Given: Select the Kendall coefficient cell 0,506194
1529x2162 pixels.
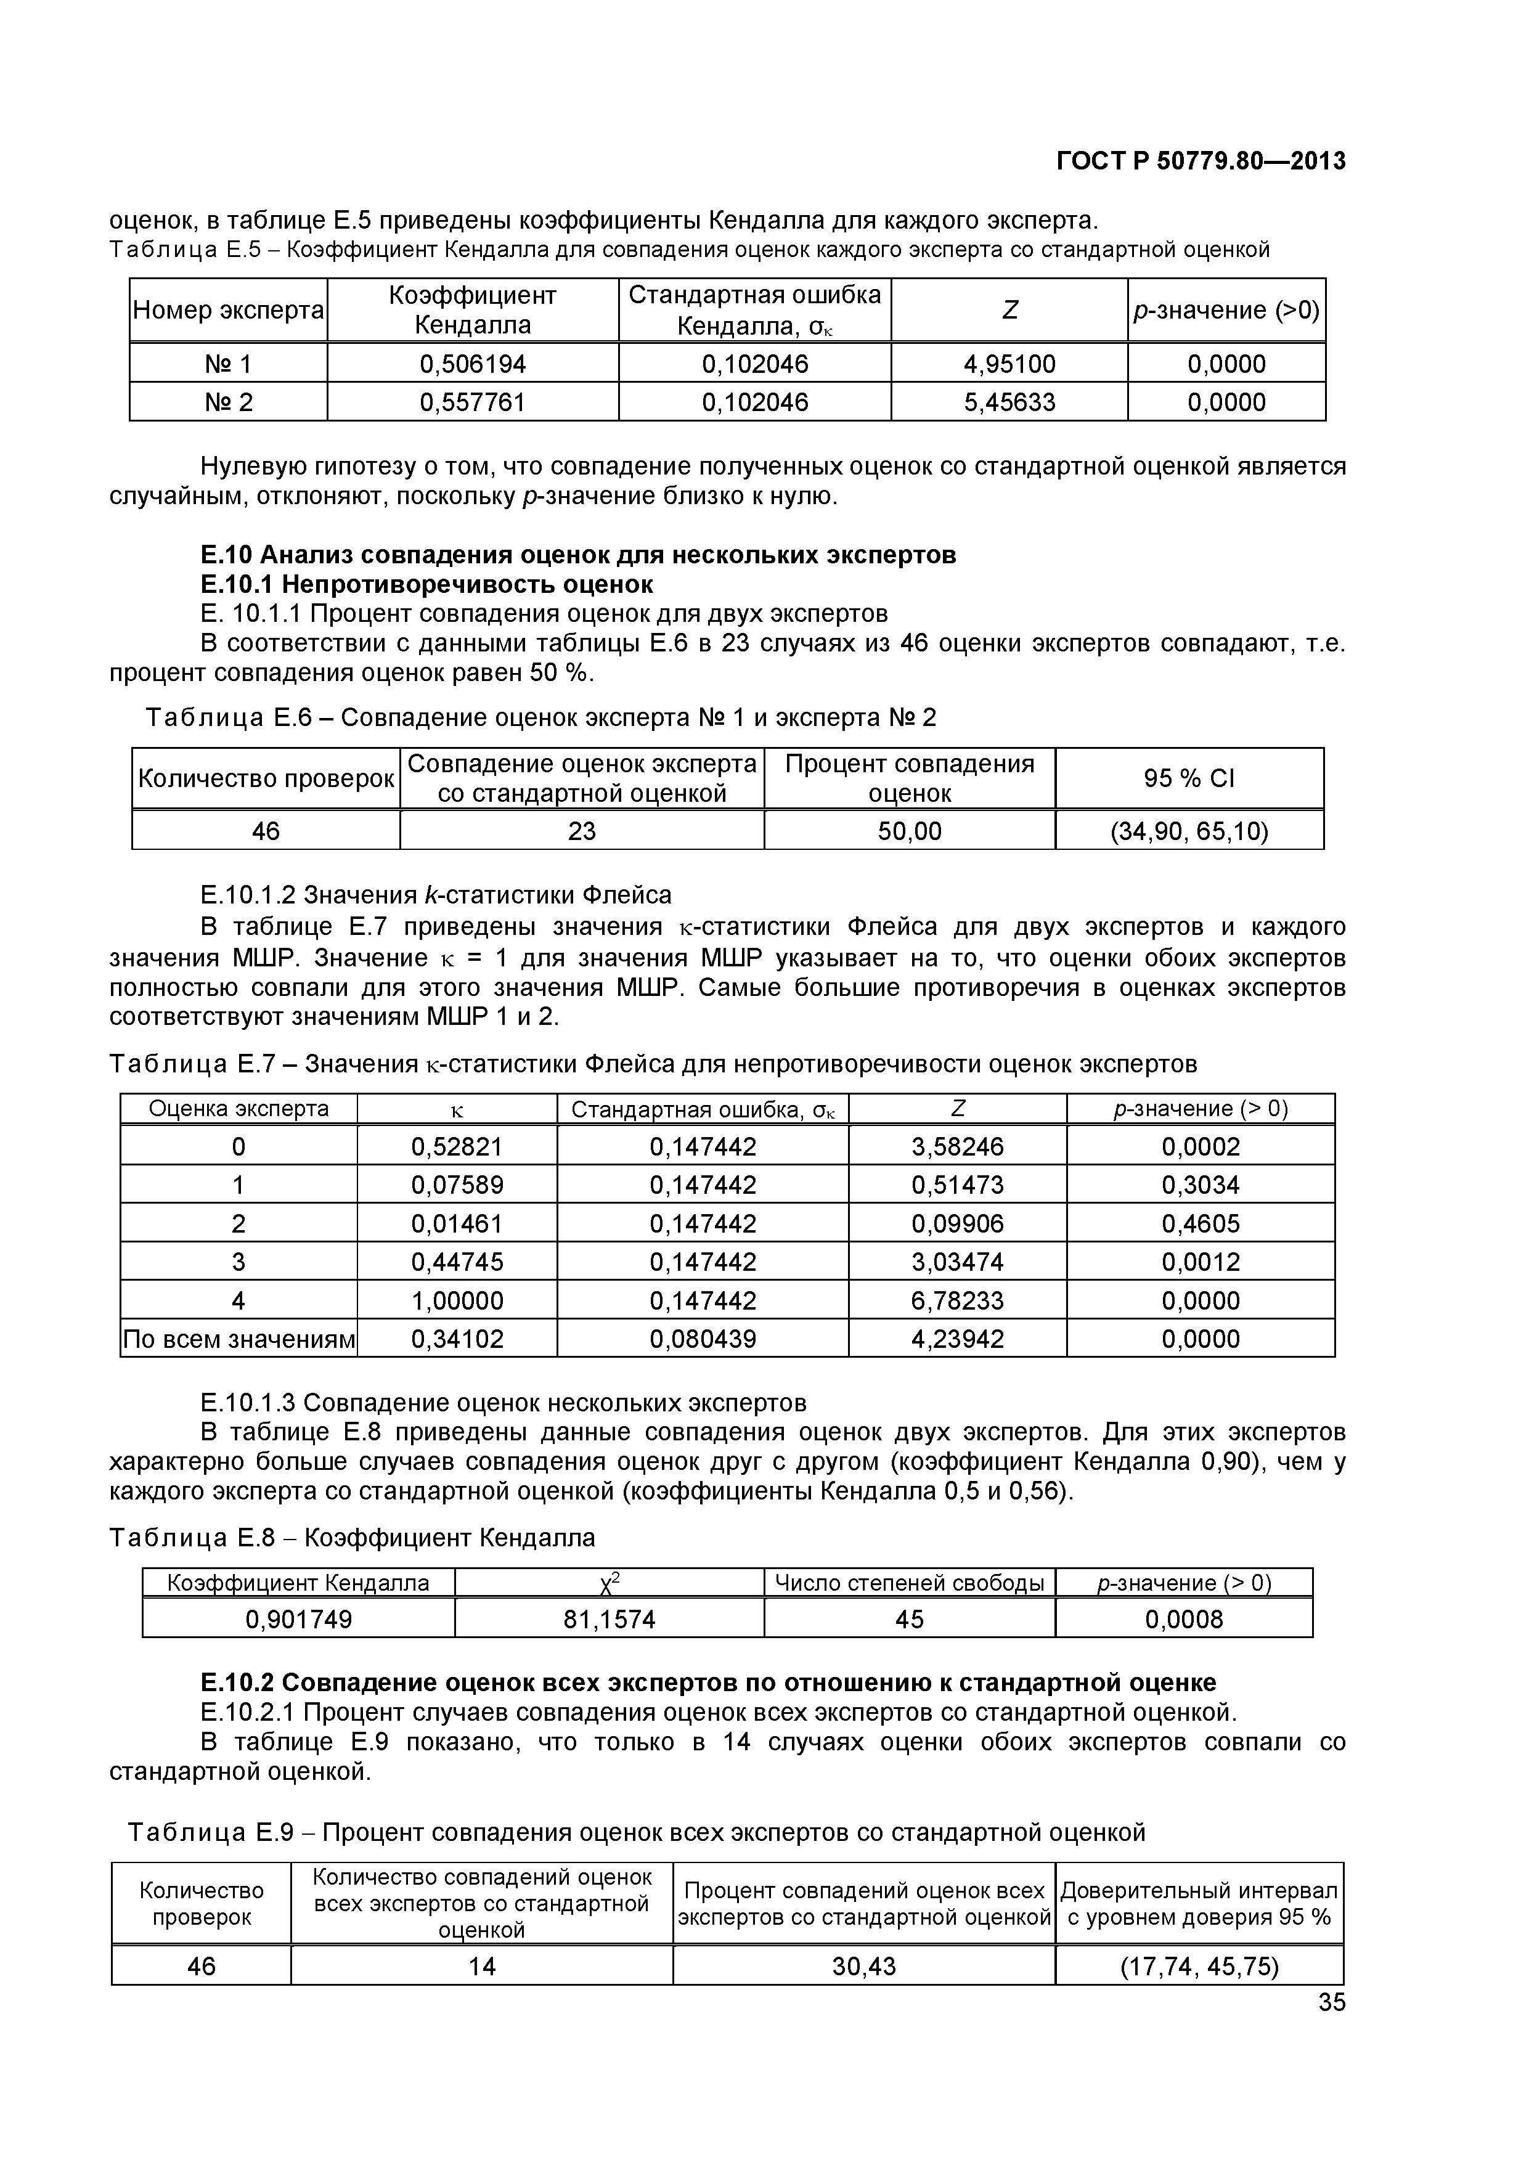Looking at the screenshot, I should [x=473, y=364].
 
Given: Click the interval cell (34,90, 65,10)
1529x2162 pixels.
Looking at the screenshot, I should [x=1189, y=831].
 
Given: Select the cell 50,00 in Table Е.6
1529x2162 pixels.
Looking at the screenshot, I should [x=910, y=831].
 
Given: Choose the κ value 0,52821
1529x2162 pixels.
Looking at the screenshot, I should [x=457, y=1147].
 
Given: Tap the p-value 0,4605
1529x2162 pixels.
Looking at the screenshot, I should [x=1201, y=1224].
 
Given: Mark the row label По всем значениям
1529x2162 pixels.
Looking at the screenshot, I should [x=239, y=1339].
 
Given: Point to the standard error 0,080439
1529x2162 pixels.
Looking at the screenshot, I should [x=703, y=1339].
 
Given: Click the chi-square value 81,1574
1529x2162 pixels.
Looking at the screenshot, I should [x=609, y=1620].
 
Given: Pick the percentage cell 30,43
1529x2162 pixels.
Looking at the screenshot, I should [x=863, y=1966].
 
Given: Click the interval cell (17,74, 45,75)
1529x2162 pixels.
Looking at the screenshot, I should [x=1199, y=1966].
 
